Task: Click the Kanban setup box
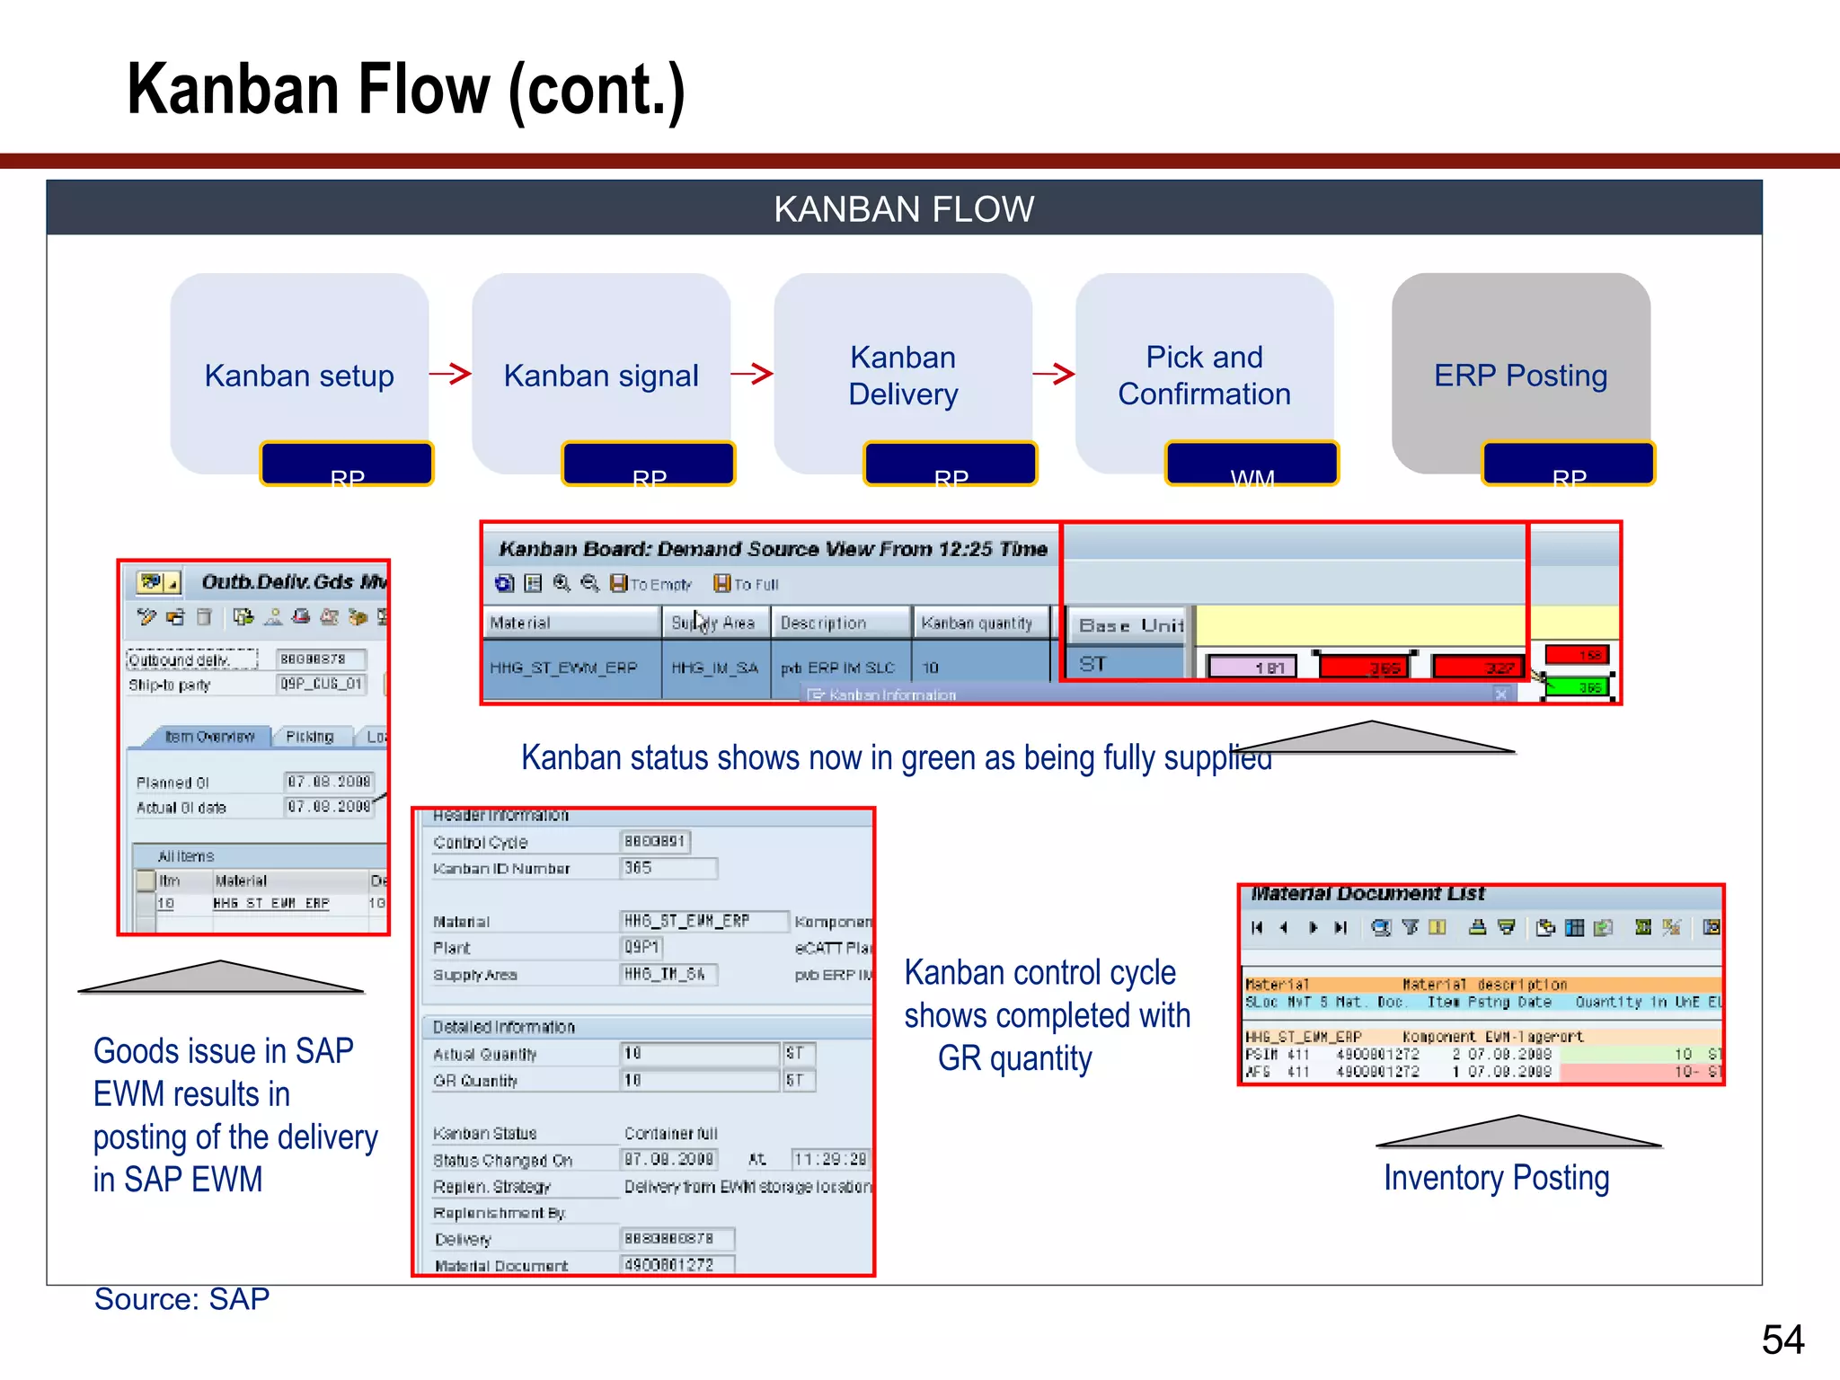coord(299,375)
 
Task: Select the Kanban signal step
coord(601,375)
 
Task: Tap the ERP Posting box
coord(1520,375)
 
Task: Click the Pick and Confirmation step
coord(1204,375)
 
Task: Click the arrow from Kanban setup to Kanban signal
coord(450,374)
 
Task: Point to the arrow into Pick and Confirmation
coord(1054,374)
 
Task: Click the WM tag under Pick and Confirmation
coord(1252,464)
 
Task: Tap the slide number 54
coord(1782,1340)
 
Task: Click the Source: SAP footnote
coord(182,1299)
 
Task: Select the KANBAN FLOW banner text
coord(904,209)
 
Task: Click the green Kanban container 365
coord(1579,687)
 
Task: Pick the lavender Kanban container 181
coord(1252,667)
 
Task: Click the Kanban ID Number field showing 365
coord(669,868)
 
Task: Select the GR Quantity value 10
coord(699,1080)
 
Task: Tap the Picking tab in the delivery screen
coord(310,737)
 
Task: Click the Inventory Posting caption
coord(1496,1178)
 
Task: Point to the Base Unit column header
coord(1130,625)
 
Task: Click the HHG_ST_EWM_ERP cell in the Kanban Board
coord(563,668)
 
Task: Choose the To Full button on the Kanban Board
coord(747,584)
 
